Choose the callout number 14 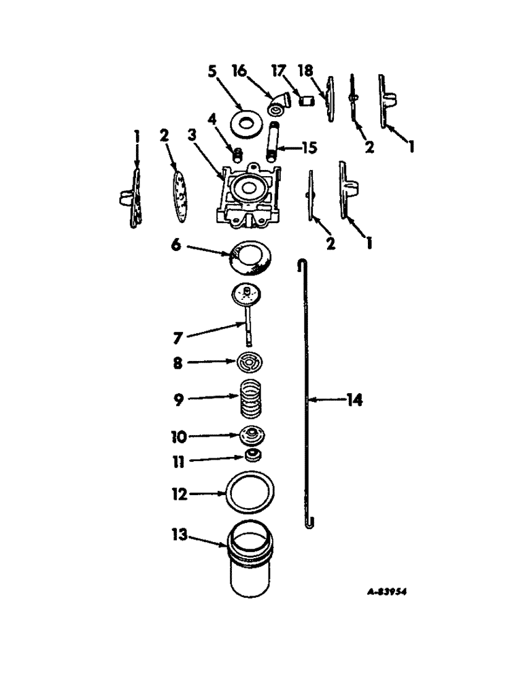click(x=353, y=401)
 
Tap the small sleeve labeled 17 click(x=306, y=102)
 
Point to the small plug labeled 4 click(x=238, y=153)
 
